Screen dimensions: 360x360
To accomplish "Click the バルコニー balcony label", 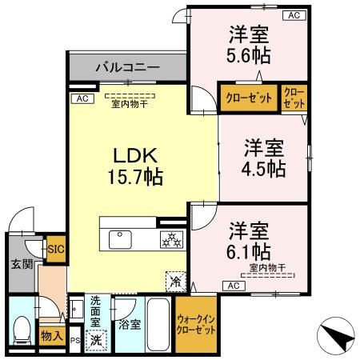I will click(128, 66).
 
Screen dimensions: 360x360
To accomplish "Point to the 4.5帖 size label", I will click(265, 169).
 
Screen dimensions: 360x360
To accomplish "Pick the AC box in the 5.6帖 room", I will click(294, 15).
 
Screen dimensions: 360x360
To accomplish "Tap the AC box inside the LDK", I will click(80, 98).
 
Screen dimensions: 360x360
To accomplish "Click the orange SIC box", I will click(56, 249).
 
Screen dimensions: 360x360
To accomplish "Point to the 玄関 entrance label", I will click(20, 264).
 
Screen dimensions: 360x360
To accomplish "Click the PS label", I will click(76, 340).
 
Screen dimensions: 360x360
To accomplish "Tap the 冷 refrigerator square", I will click(175, 281).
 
